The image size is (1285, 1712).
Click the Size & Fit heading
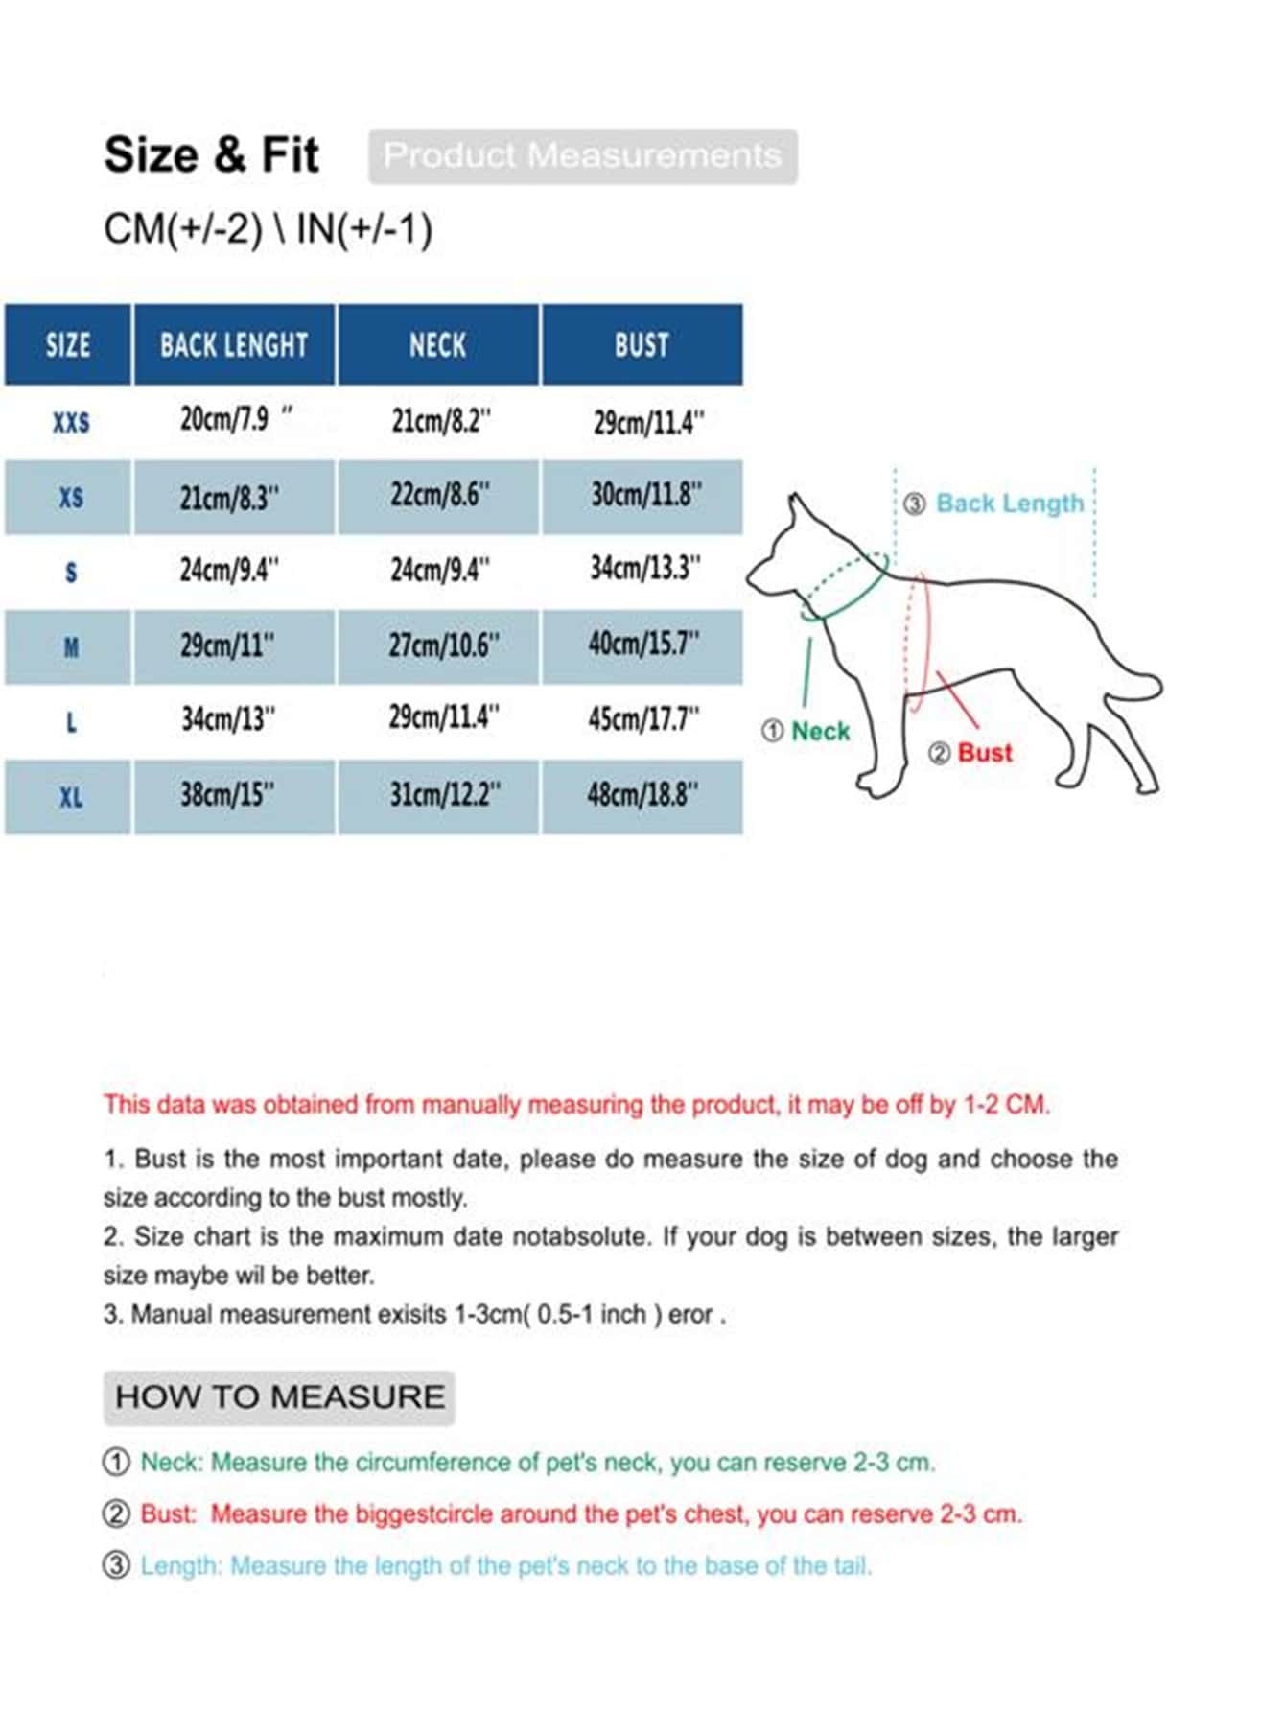211,155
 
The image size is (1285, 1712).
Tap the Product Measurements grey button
582,156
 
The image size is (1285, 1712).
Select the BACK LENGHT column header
234,345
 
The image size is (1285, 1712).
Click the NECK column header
438,345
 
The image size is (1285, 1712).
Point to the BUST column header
642,345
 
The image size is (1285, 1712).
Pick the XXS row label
70,422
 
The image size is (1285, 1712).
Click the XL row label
70,797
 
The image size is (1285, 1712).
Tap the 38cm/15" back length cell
227,795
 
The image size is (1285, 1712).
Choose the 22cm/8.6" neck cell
440,496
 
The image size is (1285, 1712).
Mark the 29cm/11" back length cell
227,645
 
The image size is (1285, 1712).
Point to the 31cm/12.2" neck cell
444,795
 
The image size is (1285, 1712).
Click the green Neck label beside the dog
820,732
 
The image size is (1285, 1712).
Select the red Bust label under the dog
984,753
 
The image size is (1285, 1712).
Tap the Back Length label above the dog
1009,504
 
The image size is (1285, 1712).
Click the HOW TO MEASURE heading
279,1397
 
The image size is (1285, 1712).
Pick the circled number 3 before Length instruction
116,1566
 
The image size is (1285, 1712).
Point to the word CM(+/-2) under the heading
182,229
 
